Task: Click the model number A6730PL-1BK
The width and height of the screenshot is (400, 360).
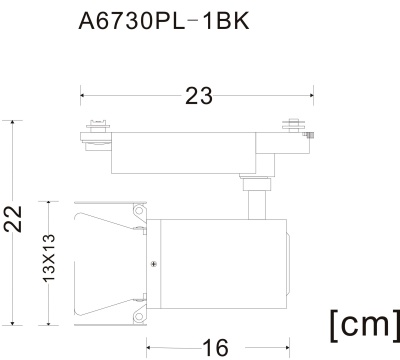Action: click(164, 22)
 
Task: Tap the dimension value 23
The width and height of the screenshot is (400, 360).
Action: click(199, 96)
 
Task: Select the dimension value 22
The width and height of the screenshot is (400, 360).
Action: click(13, 219)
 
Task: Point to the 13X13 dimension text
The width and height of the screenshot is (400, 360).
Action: click(49, 258)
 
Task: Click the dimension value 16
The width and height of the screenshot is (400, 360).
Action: click(216, 348)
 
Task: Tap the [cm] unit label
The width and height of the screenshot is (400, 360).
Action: click(365, 325)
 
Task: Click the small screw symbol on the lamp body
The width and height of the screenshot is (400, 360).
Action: click(154, 264)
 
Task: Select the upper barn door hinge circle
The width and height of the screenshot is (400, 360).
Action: click(139, 211)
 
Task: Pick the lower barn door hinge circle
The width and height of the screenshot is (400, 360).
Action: click(139, 316)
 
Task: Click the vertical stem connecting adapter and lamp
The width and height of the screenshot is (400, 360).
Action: click(257, 205)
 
